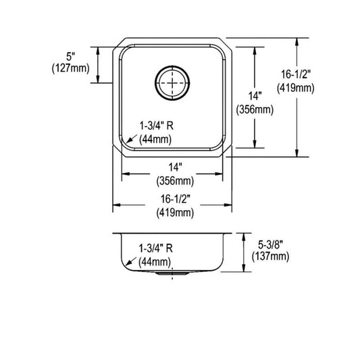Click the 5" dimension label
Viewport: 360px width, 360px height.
click(x=71, y=57)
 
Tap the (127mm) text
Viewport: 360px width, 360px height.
click(x=71, y=68)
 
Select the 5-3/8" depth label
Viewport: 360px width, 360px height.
click(x=270, y=245)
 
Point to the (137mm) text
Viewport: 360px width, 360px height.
click(x=270, y=257)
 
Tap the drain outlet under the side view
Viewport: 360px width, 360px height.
click(x=172, y=274)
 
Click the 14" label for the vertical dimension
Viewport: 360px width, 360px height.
click(x=255, y=95)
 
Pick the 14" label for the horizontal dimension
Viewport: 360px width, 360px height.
click(x=175, y=167)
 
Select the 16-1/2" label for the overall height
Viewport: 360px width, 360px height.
click(x=296, y=74)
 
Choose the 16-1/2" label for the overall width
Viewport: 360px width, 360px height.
click(x=175, y=199)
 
